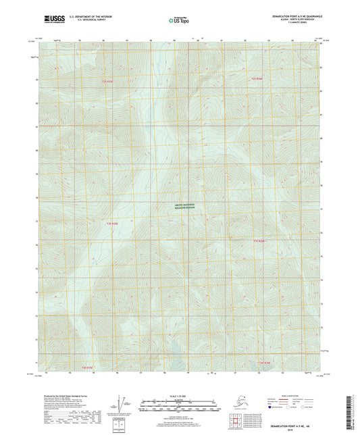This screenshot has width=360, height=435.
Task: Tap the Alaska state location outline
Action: point(235,403)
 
